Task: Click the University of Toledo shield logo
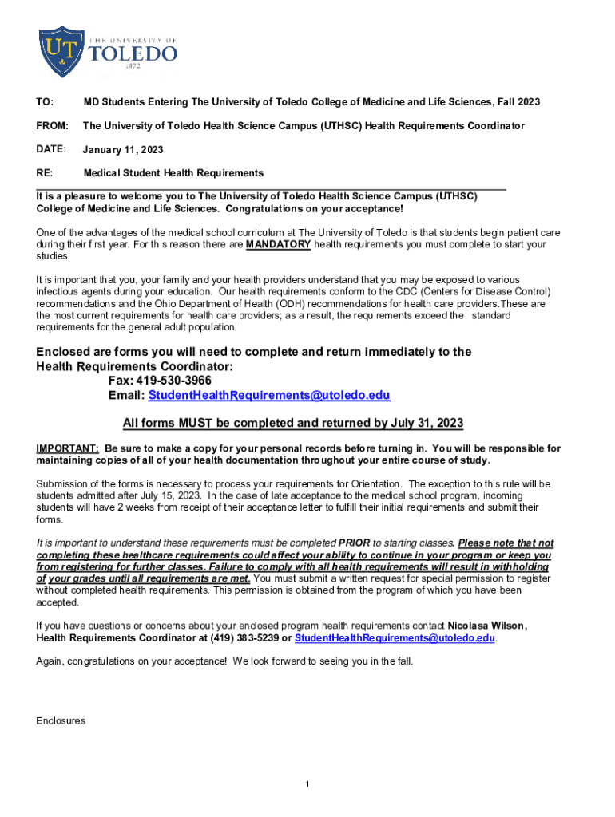pos(61,51)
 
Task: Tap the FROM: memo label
pos(52,126)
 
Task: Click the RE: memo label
pos(45,173)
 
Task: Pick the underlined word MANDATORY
pos(278,245)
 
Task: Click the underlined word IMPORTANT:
pos(68,448)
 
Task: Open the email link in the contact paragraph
pos(395,638)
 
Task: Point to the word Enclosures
pos(61,721)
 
